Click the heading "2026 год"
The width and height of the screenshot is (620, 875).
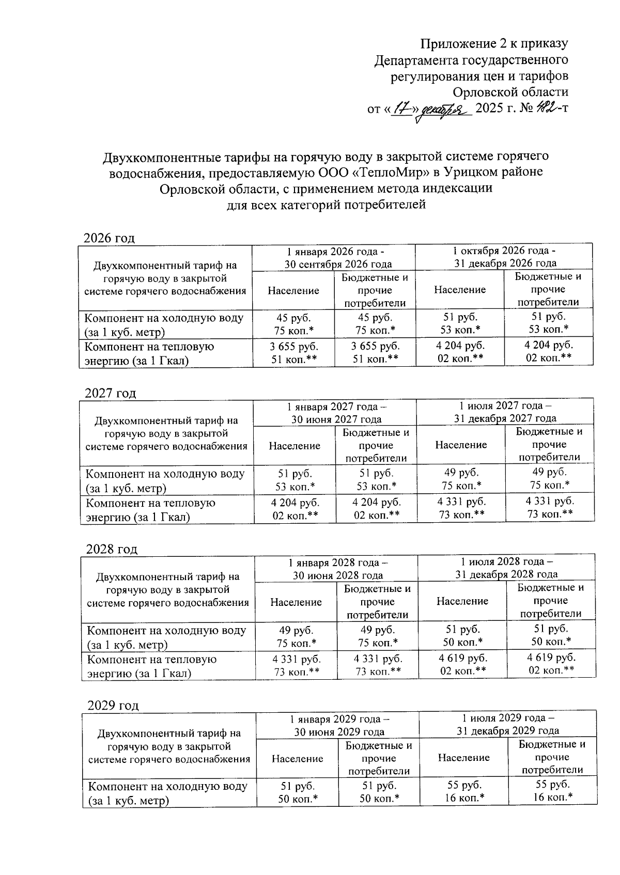[x=109, y=238]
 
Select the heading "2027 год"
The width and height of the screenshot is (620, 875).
[x=110, y=393]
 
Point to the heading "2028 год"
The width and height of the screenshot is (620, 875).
[x=112, y=549]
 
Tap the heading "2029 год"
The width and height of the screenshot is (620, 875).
[x=113, y=705]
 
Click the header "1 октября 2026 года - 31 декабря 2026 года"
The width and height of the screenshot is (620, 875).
[x=504, y=257]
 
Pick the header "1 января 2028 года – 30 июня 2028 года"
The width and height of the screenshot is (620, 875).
[x=337, y=568]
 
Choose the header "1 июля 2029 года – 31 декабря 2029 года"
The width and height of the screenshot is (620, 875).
[x=507, y=724]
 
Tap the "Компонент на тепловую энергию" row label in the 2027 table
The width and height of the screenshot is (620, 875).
[x=150, y=509]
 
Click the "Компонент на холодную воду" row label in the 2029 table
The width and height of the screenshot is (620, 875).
[x=167, y=793]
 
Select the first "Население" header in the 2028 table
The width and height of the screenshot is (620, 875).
[x=296, y=602]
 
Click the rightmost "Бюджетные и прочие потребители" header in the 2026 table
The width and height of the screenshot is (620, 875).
[x=548, y=289]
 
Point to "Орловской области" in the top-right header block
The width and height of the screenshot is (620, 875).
[x=510, y=92]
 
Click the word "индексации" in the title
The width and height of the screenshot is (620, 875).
[x=457, y=188]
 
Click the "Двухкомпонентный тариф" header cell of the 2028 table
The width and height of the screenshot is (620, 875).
[x=167, y=589]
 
